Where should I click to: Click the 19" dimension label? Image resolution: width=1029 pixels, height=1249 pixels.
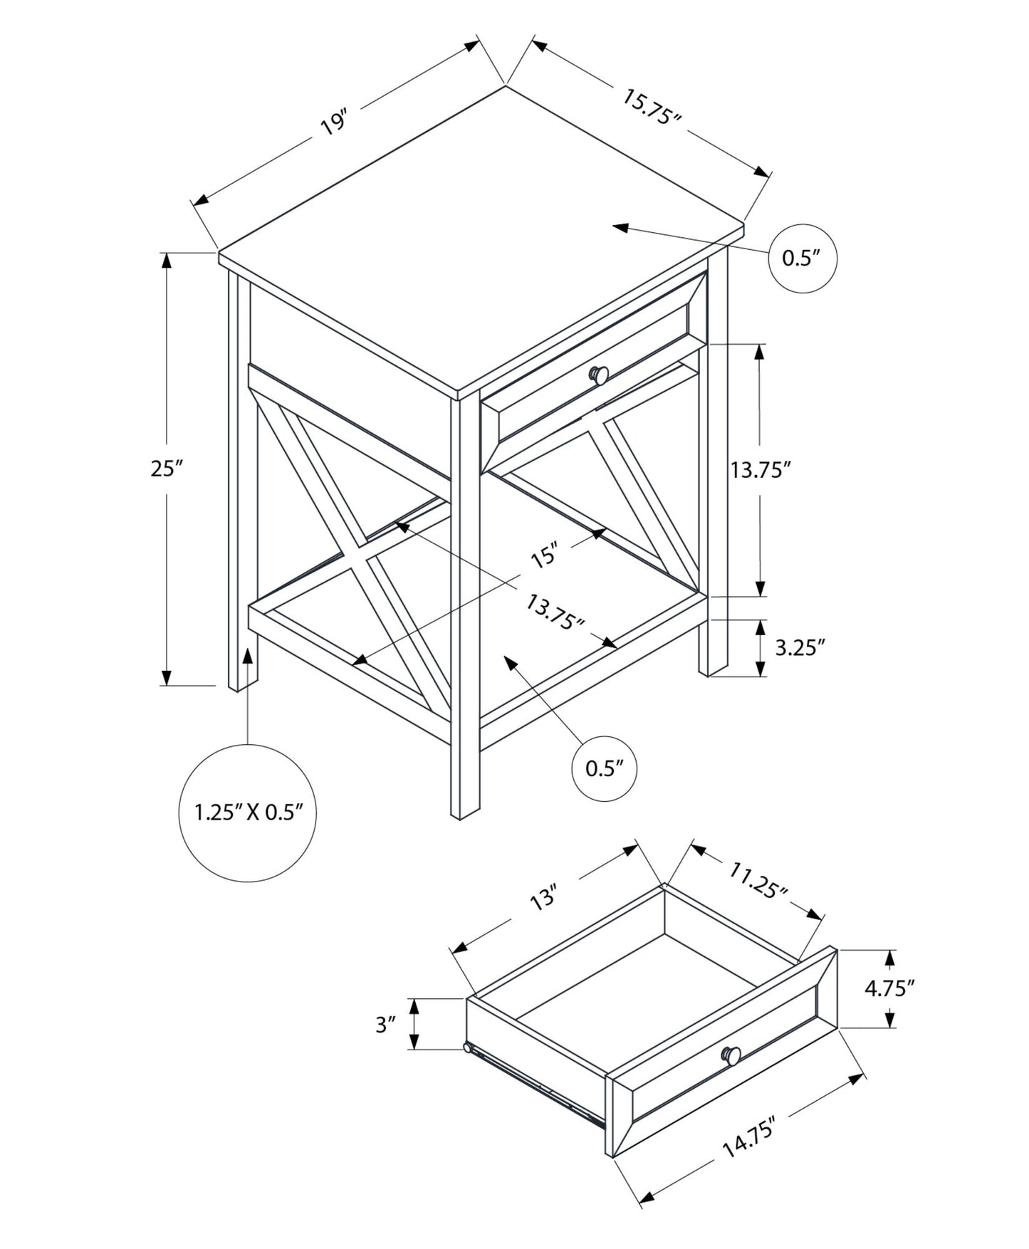(x=333, y=123)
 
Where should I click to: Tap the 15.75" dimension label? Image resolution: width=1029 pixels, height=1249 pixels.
(x=652, y=107)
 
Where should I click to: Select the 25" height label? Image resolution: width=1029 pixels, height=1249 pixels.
(x=167, y=469)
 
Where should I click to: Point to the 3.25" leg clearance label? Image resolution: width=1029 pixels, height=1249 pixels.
(x=800, y=647)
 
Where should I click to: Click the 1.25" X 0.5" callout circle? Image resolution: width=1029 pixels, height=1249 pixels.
(x=247, y=812)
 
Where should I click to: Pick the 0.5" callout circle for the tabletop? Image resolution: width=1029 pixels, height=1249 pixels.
(x=802, y=258)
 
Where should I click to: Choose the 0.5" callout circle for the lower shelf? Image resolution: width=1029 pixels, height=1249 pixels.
(x=605, y=768)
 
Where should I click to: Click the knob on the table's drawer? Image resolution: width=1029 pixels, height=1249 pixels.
(x=599, y=374)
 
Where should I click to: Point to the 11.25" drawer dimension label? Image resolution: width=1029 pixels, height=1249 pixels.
(x=757, y=879)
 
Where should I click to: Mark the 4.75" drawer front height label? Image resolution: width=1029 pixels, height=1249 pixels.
(x=889, y=988)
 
